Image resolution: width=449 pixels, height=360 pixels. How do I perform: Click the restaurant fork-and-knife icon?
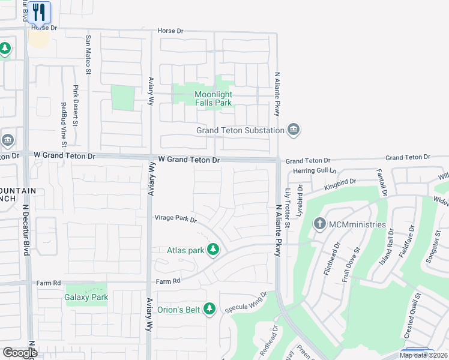[x=39, y=12]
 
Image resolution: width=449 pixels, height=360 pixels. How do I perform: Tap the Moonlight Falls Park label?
[x=213, y=98]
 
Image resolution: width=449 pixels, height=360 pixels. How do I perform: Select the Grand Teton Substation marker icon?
[x=294, y=130]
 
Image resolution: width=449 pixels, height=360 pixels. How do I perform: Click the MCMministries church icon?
[x=319, y=224]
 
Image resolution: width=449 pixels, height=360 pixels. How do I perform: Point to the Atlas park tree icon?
[x=212, y=250]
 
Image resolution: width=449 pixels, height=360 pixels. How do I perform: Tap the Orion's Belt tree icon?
[x=209, y=310]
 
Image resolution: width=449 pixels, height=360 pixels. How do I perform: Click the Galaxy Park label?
[x=86, y=297]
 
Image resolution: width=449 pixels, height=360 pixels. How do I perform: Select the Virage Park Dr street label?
[x=176, y=218]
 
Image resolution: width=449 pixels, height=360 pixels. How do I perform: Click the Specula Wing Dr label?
[x=245, y=304]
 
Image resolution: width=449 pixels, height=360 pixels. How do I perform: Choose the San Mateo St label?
[x=88, y=55]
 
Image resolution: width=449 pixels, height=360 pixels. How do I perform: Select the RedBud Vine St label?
[x=64, y=124]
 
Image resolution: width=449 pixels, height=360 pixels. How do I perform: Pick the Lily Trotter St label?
[x=288, y=208]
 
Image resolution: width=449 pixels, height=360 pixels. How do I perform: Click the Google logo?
[x=20, y=353]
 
